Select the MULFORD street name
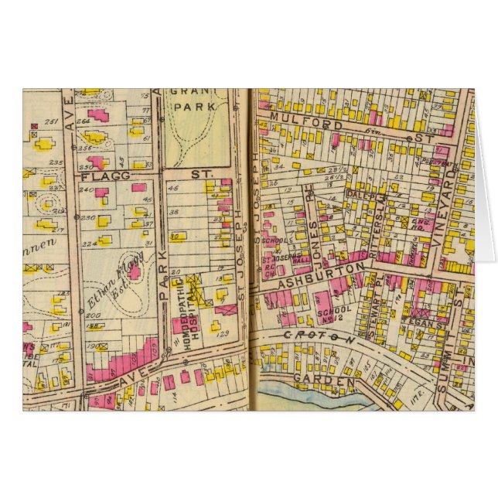point(295,124)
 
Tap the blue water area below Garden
point(309,397)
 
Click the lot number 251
point(53,122)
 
